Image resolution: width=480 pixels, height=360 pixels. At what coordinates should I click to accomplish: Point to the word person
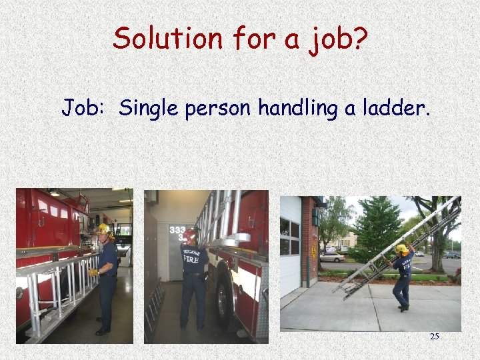(x=210, y=108)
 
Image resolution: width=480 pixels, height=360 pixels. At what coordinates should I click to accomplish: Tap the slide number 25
(x=434, y=337)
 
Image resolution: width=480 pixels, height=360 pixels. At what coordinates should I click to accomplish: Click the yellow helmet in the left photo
(x=103, y=229)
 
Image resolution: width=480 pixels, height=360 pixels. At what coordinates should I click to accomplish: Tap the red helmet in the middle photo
(x=191, y=236)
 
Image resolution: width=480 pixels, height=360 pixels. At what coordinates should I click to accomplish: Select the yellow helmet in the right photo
(x=401, y=249)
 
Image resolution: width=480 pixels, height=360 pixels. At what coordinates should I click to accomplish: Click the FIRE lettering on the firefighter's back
(x=192, y=259)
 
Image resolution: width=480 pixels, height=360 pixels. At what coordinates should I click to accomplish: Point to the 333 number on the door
(x=177, y=231)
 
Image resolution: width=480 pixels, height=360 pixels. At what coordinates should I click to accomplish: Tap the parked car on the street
(x=331, y=257)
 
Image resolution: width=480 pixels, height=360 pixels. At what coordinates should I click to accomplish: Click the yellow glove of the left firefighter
(x=94, y=272)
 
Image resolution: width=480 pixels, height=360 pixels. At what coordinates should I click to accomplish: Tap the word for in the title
(x=253, y=38)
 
